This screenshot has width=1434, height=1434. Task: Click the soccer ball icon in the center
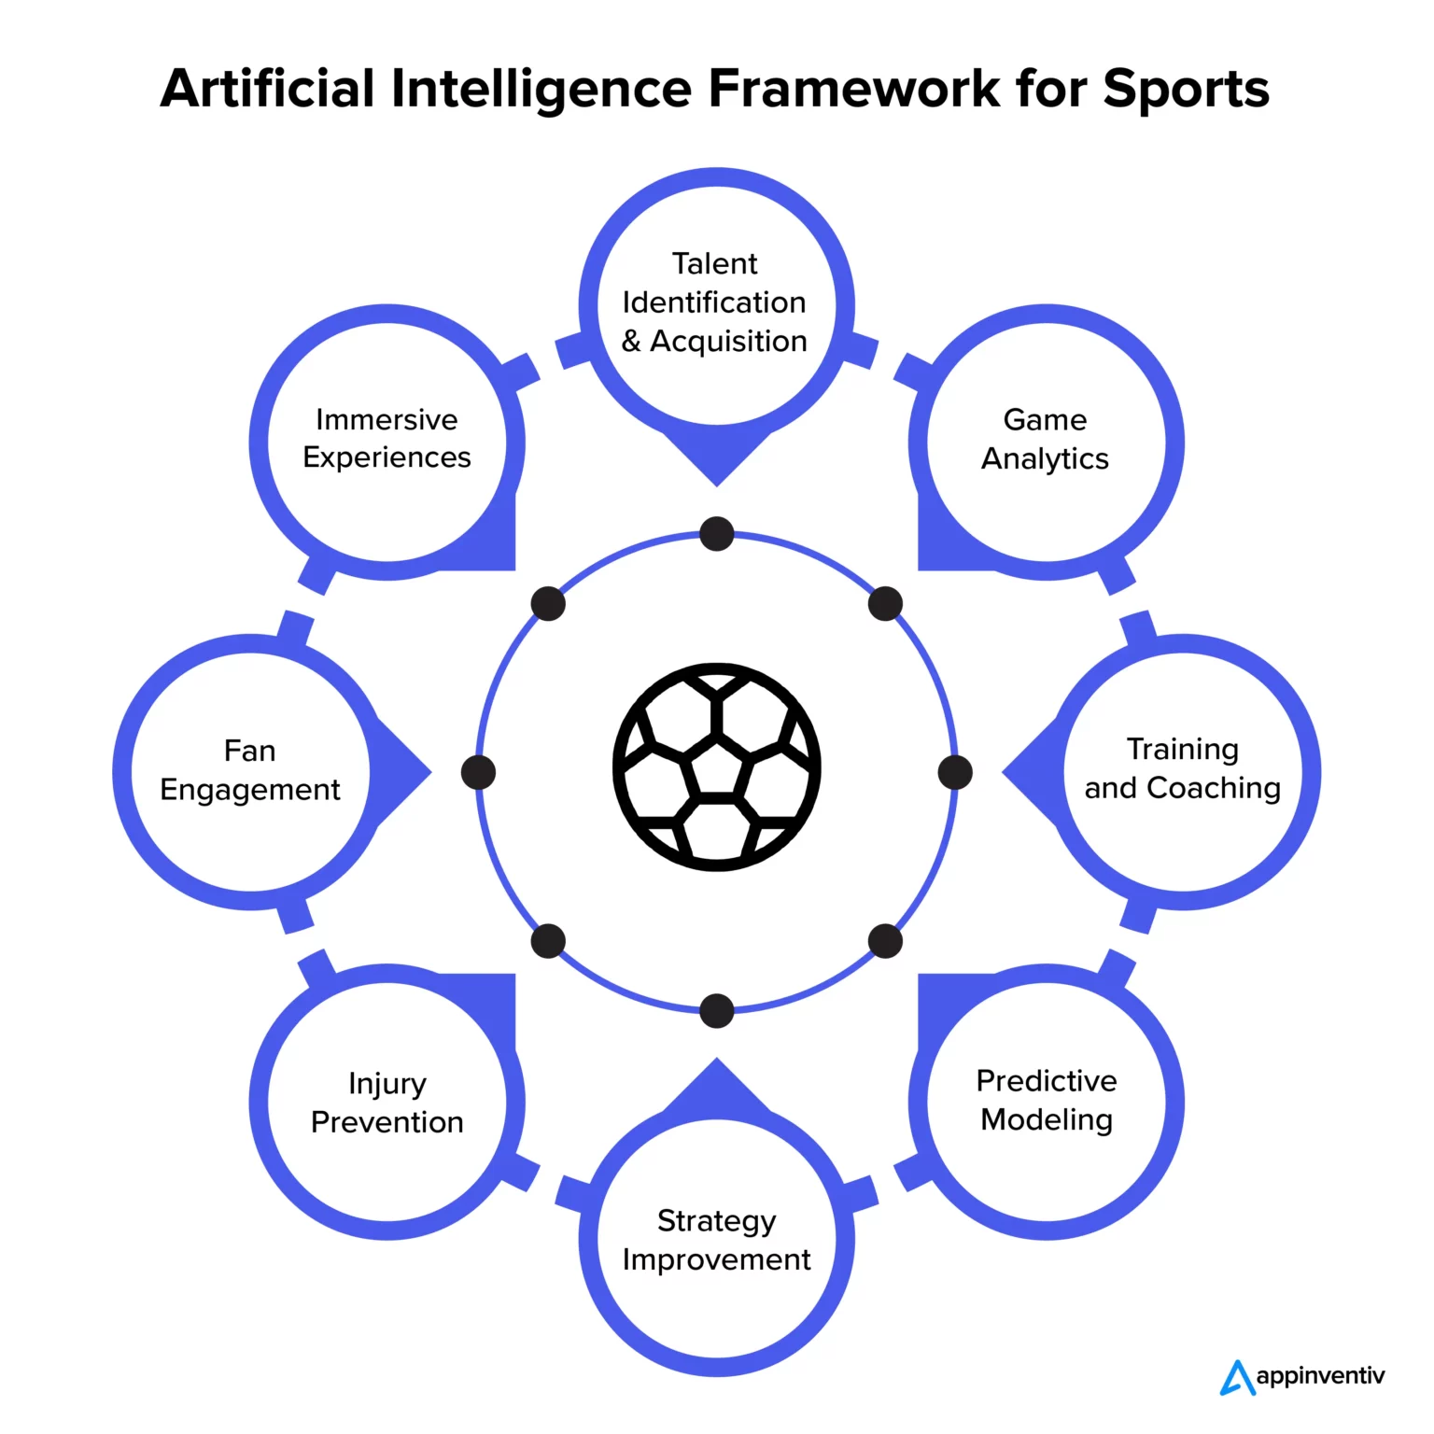click(716, 767)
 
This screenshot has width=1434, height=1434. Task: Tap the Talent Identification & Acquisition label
click(715, 302)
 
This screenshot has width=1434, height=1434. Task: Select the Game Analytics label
click(1046, 439)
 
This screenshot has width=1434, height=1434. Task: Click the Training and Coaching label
click(1182, 768)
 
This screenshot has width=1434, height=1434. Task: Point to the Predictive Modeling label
click(1047, 1100)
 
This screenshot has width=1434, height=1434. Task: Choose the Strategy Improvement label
click(716, 1240)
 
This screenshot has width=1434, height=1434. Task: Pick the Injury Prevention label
click(387, 1103)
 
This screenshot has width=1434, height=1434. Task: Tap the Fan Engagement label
click(249, 770)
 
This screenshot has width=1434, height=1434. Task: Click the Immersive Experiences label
click(387, 438)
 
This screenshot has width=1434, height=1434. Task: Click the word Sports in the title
click(1186, 90)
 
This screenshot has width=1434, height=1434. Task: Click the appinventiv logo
click(1302, 1377)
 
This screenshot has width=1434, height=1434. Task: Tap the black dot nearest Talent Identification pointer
click(716, 534)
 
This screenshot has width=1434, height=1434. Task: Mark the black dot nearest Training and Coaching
click(955, 773)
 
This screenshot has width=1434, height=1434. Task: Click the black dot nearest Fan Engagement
click(478, 773)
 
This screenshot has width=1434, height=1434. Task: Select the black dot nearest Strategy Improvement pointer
click(716, 1011)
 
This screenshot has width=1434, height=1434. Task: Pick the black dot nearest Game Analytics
click(885, 604)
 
